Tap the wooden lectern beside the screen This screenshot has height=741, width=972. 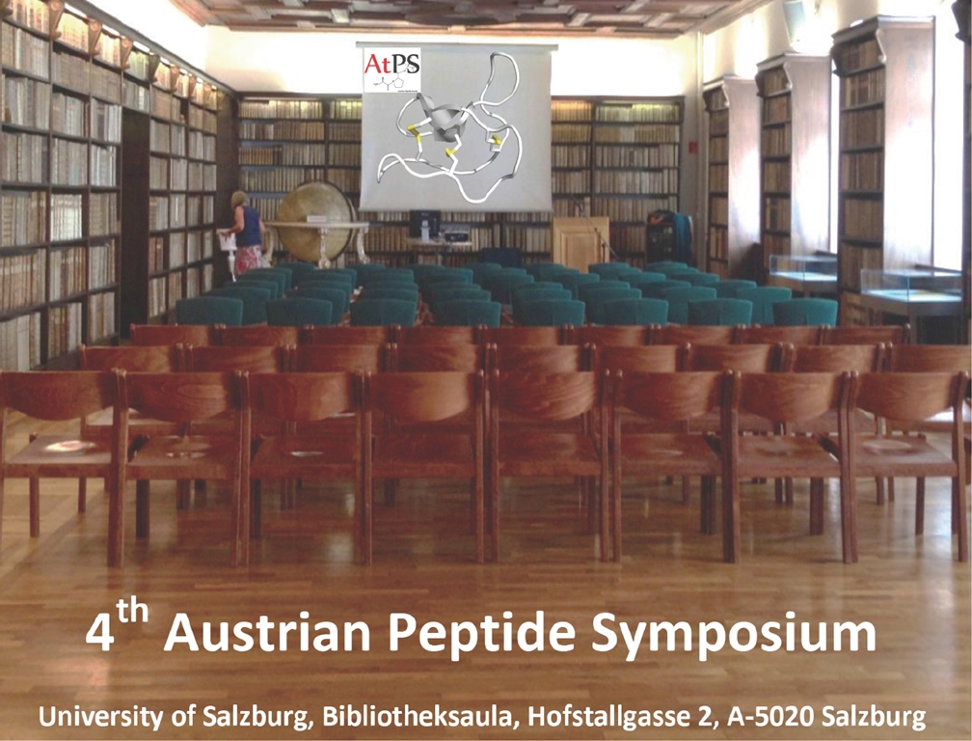click(x=580, y=242)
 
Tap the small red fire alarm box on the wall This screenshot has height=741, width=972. click(x=693, y=147)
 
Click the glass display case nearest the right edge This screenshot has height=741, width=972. click(x=910, y=286)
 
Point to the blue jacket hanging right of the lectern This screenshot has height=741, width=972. click(x=672, y=235)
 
